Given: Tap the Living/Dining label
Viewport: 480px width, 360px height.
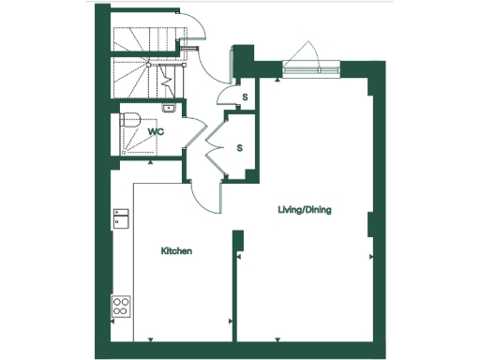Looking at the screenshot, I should [x=305, y=210].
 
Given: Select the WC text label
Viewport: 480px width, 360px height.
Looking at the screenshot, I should [x=156, y=132].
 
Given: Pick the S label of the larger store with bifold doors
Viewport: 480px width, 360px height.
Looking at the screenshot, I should [x=239, y=147].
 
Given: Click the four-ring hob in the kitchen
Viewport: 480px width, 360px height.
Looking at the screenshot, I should [x=122, y=305].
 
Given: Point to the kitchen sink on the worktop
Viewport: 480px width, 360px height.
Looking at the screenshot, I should [x=121, y=219].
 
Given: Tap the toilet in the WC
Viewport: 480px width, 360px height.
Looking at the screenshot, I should [x=132, y=120].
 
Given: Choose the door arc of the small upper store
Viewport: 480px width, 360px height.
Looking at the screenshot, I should [x=227, y=95].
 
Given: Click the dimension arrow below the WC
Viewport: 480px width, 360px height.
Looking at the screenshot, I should [x=152, y=161].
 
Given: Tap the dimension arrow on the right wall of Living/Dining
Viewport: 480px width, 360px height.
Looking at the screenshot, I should [x=371, y=256].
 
